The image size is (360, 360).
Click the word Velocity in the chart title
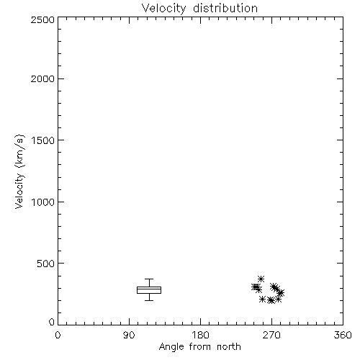[x=163, y=9]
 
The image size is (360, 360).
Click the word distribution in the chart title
[x=225, y=8]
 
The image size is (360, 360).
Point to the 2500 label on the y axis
[x=42, y=19]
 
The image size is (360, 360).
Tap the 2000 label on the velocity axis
[x=42, y=79]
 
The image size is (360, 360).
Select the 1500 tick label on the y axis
[x=43, y=140]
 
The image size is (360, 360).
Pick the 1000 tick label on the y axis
[x=43, y=202]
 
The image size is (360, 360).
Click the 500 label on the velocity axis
[x=46, y=264]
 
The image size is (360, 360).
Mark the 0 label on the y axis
[x=52, y=322]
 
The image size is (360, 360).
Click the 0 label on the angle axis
[x=58, y=335]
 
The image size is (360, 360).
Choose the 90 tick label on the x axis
[x=129, y=335]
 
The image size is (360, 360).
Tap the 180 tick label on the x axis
[x=200, y=335]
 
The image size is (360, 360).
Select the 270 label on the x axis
[x=271, y=335]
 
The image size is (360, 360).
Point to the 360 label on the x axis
[x=343, y=335]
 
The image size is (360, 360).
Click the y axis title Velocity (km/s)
[x=19, y=171]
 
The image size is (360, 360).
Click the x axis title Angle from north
[x=200, y=347]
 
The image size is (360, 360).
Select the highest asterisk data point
[x=261, y=279]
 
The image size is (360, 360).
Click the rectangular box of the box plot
[x=149, y=287]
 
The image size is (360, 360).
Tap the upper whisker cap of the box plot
[x=149, y=279]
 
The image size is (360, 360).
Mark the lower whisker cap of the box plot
[x=149, y=300]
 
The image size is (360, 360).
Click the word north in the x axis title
[x=229, y=346]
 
